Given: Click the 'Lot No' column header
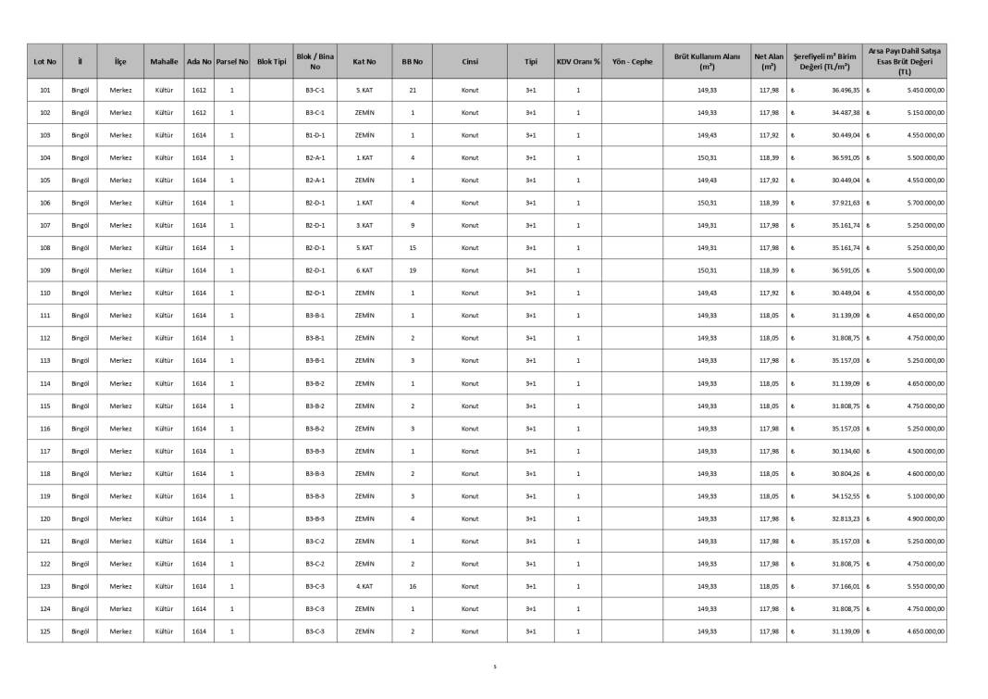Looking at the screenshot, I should (44, 62).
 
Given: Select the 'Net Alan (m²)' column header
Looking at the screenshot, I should (768, 62).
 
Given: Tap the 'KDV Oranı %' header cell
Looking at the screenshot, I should (578, 62).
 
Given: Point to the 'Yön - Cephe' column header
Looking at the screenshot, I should (632, 62).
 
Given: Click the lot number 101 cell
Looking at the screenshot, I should (44, 91).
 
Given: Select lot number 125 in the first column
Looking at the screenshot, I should (44, 631).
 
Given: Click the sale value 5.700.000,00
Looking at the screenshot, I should (925, 203).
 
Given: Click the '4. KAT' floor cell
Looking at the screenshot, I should (364, 586).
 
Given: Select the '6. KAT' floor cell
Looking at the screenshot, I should (364, 270).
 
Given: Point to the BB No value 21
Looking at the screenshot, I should (413, 91).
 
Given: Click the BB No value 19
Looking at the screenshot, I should (413, 270).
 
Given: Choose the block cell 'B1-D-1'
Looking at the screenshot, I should (315, 135).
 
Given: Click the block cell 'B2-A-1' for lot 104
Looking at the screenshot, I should (315, 158).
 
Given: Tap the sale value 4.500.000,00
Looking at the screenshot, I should (925, 451).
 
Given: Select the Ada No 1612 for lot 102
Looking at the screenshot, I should (199, 113).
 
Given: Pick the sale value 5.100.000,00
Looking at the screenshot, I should (925, 496).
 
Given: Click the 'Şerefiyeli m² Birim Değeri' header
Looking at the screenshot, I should (828, 62).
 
